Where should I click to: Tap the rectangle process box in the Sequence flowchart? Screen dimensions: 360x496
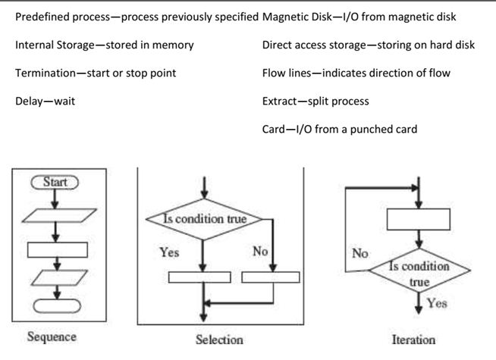click(x=57, y=249)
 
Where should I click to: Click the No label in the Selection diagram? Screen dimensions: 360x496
click(x=260, y=252)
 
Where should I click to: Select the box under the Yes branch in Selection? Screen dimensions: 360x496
click(x=199, y=277)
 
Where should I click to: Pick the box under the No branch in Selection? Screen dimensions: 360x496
click(x=270, y=277)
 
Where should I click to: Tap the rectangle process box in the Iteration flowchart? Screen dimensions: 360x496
click(x=419, y=219)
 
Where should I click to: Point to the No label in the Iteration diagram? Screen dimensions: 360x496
click(x=360, y=254)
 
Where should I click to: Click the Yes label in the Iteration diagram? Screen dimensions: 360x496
click(x=437, y=303)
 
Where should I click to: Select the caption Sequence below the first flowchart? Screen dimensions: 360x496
click(x=52, y=337)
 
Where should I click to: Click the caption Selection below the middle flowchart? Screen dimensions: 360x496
click(x=219, y=339)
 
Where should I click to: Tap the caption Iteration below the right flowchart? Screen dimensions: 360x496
click(x=413, y=340)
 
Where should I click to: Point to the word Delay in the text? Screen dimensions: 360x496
click(x=29, y=101)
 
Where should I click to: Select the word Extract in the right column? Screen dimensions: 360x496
click(x=279, y=101)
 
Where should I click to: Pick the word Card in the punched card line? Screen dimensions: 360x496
click(x=274, y=129)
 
